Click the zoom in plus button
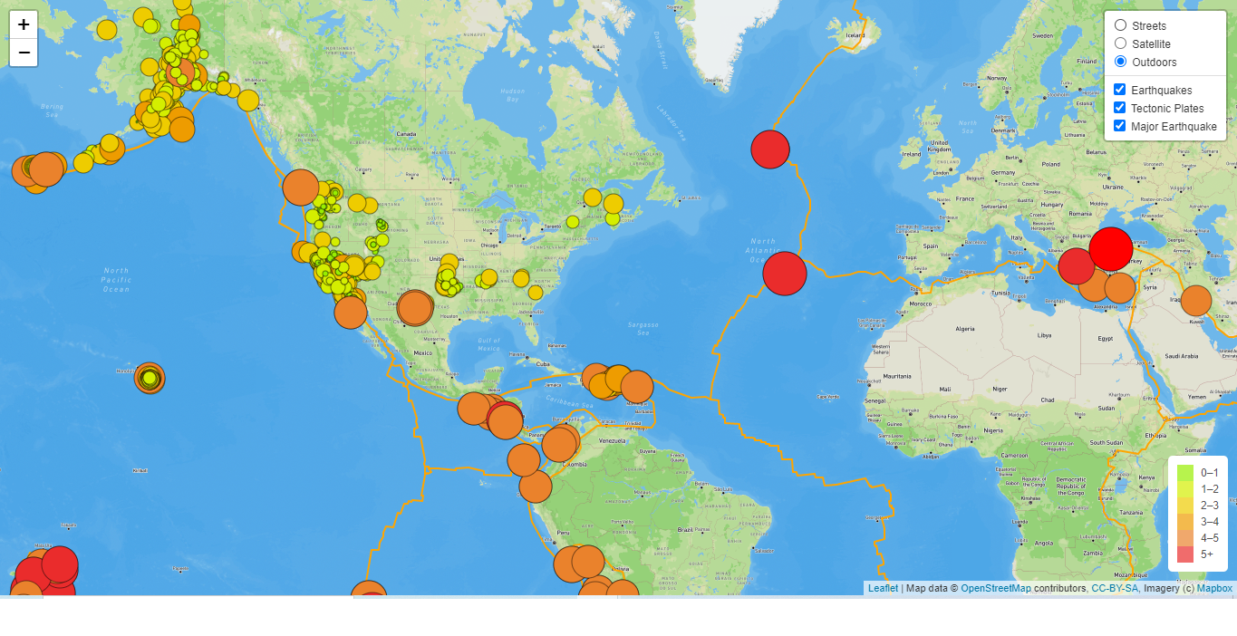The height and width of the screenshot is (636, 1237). [24, 24]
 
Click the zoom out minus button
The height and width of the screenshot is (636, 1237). [24, 53]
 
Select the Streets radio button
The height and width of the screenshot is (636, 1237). [1121, 25]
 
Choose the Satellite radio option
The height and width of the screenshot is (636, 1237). [1121, 43]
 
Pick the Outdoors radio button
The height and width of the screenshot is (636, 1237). [1121, 62]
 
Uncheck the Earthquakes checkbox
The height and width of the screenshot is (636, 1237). [1120, 90]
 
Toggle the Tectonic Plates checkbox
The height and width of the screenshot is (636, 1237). [1120, 108]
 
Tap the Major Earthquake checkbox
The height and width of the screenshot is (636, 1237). [1120, 126]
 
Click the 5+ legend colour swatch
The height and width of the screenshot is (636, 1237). [1185, 554]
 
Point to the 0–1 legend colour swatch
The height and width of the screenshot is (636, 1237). [1185, 472]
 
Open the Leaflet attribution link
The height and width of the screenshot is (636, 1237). [883, 588]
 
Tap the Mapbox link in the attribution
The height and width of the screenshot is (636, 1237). [1214, 588]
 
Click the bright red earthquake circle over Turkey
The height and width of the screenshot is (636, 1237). [1111, 248]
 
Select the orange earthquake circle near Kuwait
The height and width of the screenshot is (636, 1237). [1196, 301]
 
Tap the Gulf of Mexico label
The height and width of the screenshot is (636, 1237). [488, 345]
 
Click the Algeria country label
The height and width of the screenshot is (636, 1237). [965, 328]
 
